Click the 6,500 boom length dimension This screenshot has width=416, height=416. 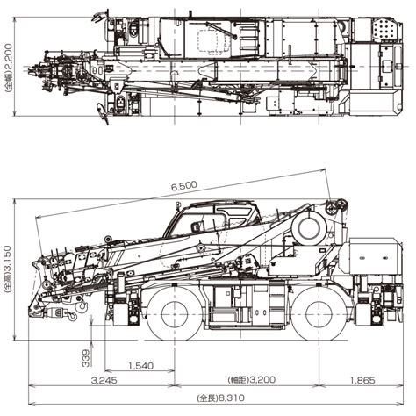coord(184,186)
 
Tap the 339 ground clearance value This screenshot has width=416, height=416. coord(86,358)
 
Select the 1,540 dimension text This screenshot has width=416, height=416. coord(140,366)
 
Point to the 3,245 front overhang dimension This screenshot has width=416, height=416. coord(104,380)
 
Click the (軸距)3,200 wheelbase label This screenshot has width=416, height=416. coord(252,380)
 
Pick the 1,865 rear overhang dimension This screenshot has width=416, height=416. coord(362,380)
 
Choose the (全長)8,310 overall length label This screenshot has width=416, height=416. coord(221,398)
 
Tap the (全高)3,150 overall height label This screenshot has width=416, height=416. coord(7,269)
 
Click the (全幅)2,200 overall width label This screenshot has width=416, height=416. coord(8,68)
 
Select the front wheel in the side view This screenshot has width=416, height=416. coord(175,314)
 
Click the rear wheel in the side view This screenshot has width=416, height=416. coord(319,314)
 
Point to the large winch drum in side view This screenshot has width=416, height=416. coord(309,227)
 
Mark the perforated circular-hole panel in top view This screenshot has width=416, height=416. coord(384,28)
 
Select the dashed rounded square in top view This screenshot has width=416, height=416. coord(209,41)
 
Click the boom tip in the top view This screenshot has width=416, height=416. coord(32,69)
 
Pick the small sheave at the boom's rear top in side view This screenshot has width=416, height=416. coord(331,209)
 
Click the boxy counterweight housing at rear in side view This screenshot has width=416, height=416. coord(376,255)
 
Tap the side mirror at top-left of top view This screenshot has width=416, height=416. coord(98,17)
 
